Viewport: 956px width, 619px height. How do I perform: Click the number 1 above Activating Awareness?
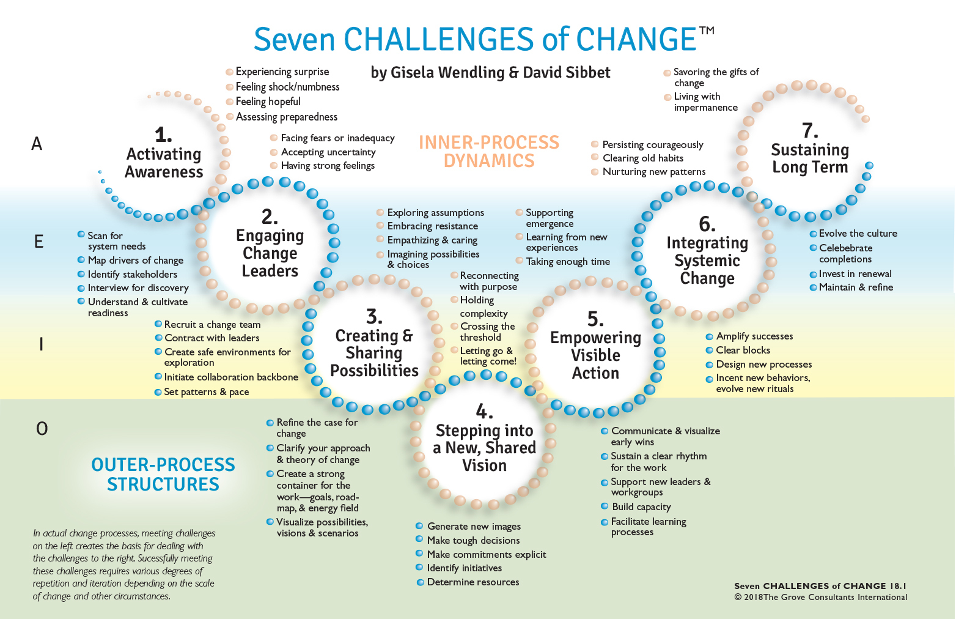tap(163, 134)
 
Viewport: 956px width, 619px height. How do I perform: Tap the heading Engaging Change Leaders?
tap(270, 253)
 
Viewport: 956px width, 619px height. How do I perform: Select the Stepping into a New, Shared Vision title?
tap(484, 448)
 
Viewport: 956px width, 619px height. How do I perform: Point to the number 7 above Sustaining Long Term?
tap(810, 130)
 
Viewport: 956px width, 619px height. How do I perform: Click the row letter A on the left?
tap(37, 144)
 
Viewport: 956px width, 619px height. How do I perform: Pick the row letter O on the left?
tap(42, 429)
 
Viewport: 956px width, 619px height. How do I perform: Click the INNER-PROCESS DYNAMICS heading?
tap(489, 152)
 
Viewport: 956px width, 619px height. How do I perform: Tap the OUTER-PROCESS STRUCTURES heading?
tap(163, 475)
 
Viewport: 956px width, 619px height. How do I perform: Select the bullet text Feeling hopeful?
tap(268, 102)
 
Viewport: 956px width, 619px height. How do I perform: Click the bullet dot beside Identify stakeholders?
tap(81, 274)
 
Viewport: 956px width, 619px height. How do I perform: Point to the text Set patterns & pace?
tap(207, 392)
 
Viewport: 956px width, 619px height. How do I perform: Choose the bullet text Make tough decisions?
tap(473, 541)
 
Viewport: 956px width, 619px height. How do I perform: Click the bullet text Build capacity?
tap(641, 507)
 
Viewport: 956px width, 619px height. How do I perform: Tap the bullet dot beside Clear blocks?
tap(709, 350)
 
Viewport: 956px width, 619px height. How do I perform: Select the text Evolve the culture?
tap(858, 234)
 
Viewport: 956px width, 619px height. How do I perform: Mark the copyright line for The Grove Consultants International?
tap(821, 598)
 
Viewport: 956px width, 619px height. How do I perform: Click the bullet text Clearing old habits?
tap(643, 158)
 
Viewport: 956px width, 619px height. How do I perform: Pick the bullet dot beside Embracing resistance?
tap(380, 226)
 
